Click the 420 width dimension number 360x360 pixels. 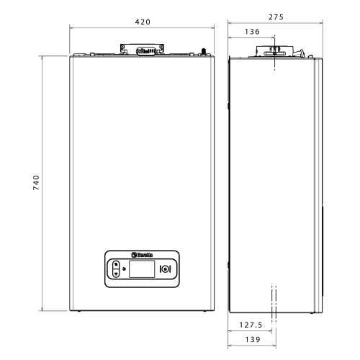(143, 22)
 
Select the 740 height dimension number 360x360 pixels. (36, 183)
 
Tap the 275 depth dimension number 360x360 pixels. (276, 17)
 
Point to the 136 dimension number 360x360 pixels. (252, 32)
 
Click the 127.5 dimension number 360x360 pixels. (251, 325)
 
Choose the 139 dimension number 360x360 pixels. (253, 340)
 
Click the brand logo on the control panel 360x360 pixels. (142, 255)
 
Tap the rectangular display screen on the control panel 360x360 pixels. (142, 269)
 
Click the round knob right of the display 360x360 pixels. (165, 269)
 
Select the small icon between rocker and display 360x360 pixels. (124, 269)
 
